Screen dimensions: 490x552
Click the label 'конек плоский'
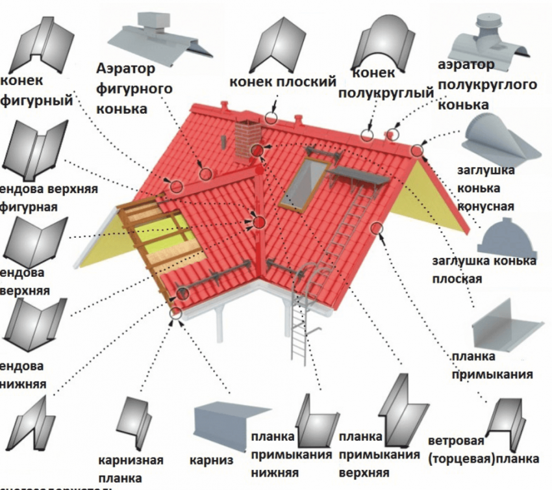[282, 82]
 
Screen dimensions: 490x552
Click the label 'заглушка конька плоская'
[484, 270]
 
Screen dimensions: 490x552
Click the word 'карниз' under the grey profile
[211, 460]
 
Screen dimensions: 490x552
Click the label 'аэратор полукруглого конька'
[486, 84]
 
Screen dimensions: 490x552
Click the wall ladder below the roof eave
[299, 325]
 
